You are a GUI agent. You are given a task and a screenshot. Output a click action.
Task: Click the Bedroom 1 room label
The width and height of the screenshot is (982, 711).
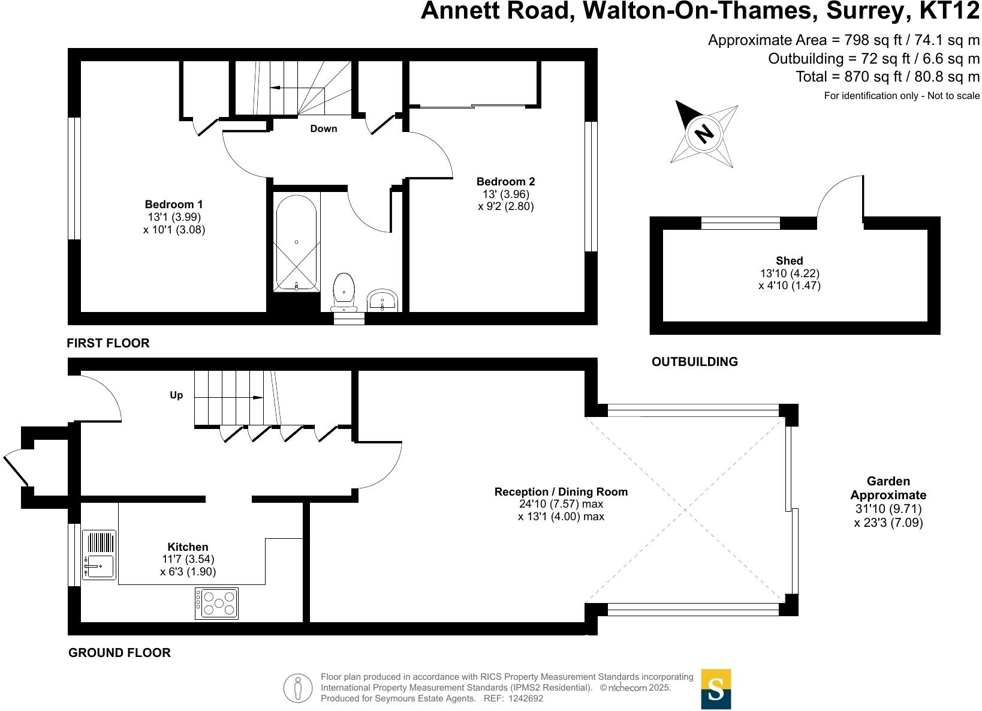(174, 205)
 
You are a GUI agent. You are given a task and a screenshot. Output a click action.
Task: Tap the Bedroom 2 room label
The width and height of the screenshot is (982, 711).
(505, 182)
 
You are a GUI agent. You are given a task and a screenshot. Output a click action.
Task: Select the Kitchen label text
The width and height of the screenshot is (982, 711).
(188, 547)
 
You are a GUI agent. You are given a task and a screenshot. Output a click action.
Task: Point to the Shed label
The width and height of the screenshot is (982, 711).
(789, 261)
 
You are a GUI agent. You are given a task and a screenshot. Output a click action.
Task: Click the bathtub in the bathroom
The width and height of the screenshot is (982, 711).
(296, 242)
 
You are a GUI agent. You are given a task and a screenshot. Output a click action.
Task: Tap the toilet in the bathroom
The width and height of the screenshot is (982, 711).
(344, 291)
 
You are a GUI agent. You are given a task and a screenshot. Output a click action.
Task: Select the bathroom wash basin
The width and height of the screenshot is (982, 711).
(382, 300)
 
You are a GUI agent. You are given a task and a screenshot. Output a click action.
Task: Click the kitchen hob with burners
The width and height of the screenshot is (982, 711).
(216, 604)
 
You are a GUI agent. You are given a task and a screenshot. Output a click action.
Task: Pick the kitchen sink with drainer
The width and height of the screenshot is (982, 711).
(99, 555)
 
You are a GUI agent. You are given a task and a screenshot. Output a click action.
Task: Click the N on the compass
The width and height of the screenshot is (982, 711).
(704, 133)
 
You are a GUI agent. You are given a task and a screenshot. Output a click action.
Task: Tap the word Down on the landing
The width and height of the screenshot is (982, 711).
(324, 129)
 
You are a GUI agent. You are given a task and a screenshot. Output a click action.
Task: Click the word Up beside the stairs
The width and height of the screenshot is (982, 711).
(176, 395)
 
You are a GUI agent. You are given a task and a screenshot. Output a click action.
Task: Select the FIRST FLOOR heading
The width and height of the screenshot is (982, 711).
(108, 343)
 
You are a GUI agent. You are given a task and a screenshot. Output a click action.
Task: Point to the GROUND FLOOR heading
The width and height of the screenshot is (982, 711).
(119, 653)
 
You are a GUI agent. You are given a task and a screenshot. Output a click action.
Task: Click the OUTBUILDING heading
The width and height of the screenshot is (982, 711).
(694, 362)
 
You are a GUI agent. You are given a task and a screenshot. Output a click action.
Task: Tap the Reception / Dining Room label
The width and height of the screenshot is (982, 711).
(561, 491)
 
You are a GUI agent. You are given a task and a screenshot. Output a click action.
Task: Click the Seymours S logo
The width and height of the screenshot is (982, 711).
(716, 689)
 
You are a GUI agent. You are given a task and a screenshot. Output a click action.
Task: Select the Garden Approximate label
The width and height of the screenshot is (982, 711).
(888, 488)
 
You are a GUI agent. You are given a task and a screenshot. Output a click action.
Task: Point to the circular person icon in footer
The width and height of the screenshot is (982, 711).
(298, 688)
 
